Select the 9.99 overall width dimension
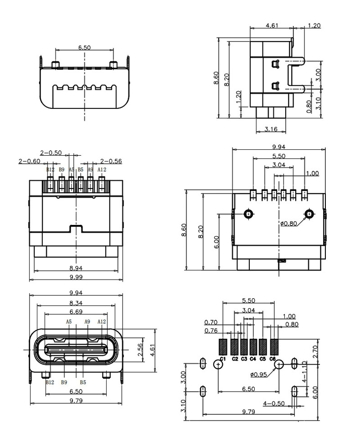point(76,276)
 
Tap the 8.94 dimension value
point(76,268)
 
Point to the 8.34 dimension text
point(76,302)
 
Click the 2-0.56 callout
point(111,161)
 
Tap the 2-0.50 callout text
point(51,152)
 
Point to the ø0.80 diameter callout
point(289,223)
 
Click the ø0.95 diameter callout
point(258,375)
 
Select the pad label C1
point(223,359)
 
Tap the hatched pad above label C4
point(253,347)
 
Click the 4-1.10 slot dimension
point(304,373)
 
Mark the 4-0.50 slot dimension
point(273,403)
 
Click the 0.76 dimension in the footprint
point(211,330)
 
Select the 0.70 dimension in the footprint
point(211,322)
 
